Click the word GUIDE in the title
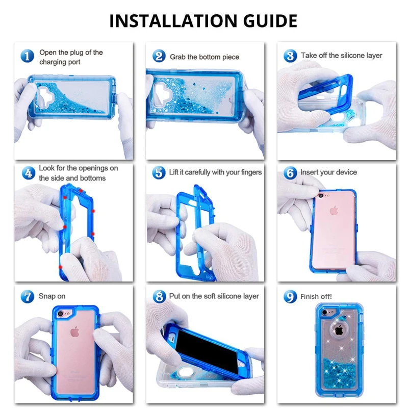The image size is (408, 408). (x=270, y=21)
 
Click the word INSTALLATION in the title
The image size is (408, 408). (x=173, y=21)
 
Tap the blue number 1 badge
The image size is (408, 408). (x=28, y=56)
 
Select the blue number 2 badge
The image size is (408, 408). (x=159, y=56)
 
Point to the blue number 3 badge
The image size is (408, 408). (x=290, y=56)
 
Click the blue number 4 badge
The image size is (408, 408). (x=29, y=173)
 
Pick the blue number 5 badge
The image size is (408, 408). (x=159, y=173)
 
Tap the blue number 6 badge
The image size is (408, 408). (x=290, y=173)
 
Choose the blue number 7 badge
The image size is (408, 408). (x=28, y=297)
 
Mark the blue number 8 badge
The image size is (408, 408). (x=159, y=296)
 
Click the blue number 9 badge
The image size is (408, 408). (x=290, y=297)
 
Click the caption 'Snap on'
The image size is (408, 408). (x=52, y=296)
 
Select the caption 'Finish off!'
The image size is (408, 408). (x=316, y=296)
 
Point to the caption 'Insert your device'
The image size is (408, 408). (x=328, y=172)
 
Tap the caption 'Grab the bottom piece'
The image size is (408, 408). (x=205, y=57)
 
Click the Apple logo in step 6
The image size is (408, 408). (x=334, y=210)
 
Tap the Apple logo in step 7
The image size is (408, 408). (x=74, y=332)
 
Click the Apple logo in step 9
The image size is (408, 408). (x=339, y=330)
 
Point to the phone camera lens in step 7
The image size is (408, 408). (x=60, y=314)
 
